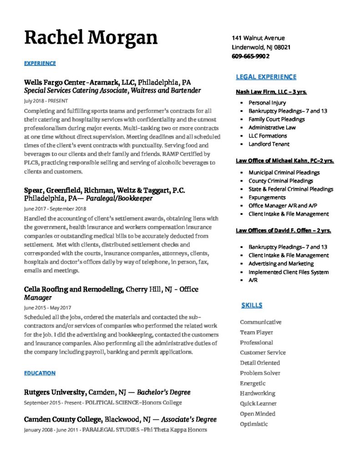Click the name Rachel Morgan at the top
[91, 37]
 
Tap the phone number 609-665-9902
[250, 56]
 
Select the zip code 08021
[281, 47]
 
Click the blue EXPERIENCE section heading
[40, 63]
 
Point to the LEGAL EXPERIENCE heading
[266, 77]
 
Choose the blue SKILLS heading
[251, 305]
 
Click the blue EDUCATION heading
[40, 373]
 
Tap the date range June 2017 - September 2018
[55, 208]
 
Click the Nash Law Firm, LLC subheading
[271, 92]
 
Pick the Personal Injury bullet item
[267, 103]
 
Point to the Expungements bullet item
[267, 198]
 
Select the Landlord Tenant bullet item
[269, 144]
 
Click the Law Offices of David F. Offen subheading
[283, 231]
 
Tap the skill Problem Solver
[260, 373]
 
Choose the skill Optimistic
[254, 424]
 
